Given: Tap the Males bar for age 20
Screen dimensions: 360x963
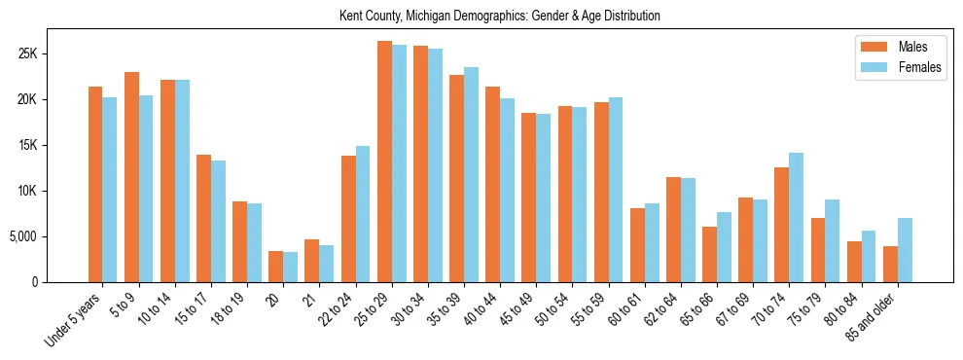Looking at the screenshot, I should [275, 267].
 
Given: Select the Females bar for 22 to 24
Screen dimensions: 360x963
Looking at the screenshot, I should [363, 214].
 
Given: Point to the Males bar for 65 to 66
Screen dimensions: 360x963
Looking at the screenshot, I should [709, 254].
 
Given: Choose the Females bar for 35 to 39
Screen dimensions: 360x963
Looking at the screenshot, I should [471, 174].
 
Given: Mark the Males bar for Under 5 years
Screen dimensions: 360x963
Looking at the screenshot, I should [95, 184].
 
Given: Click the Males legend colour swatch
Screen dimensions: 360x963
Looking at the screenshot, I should [869, 47].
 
